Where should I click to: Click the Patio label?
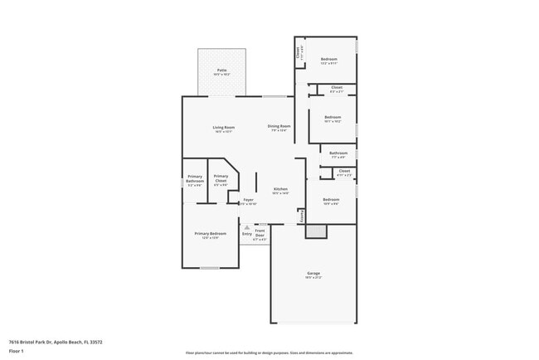(x=222, y=71)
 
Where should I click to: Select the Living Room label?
(x=224, y=127)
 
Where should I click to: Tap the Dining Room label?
(x=279, y=126)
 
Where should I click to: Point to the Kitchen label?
(x=280, y=189)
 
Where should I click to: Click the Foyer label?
(x=248, y=200)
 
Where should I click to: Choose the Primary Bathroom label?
(x=195, y=178)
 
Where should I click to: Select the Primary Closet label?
(x=221, y=178)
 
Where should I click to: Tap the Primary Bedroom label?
(x=211, y=234)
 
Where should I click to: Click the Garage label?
(x=313, y=273)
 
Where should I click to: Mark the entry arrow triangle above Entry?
(x=247, y=226)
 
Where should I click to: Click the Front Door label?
(x=260, y=233)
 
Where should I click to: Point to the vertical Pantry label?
(x=302, y=215)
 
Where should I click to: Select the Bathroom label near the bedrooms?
(x=338, y=153)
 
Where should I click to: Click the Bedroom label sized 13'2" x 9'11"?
(x=329, y=59)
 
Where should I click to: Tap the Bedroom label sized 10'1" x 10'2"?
(x=333, y=117)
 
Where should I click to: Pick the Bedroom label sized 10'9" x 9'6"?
(x=330, y=199)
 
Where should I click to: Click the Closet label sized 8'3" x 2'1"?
(x=336, y=88)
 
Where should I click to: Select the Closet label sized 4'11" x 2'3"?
(x=344, y=172)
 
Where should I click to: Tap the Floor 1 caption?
(x=17, y=351)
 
